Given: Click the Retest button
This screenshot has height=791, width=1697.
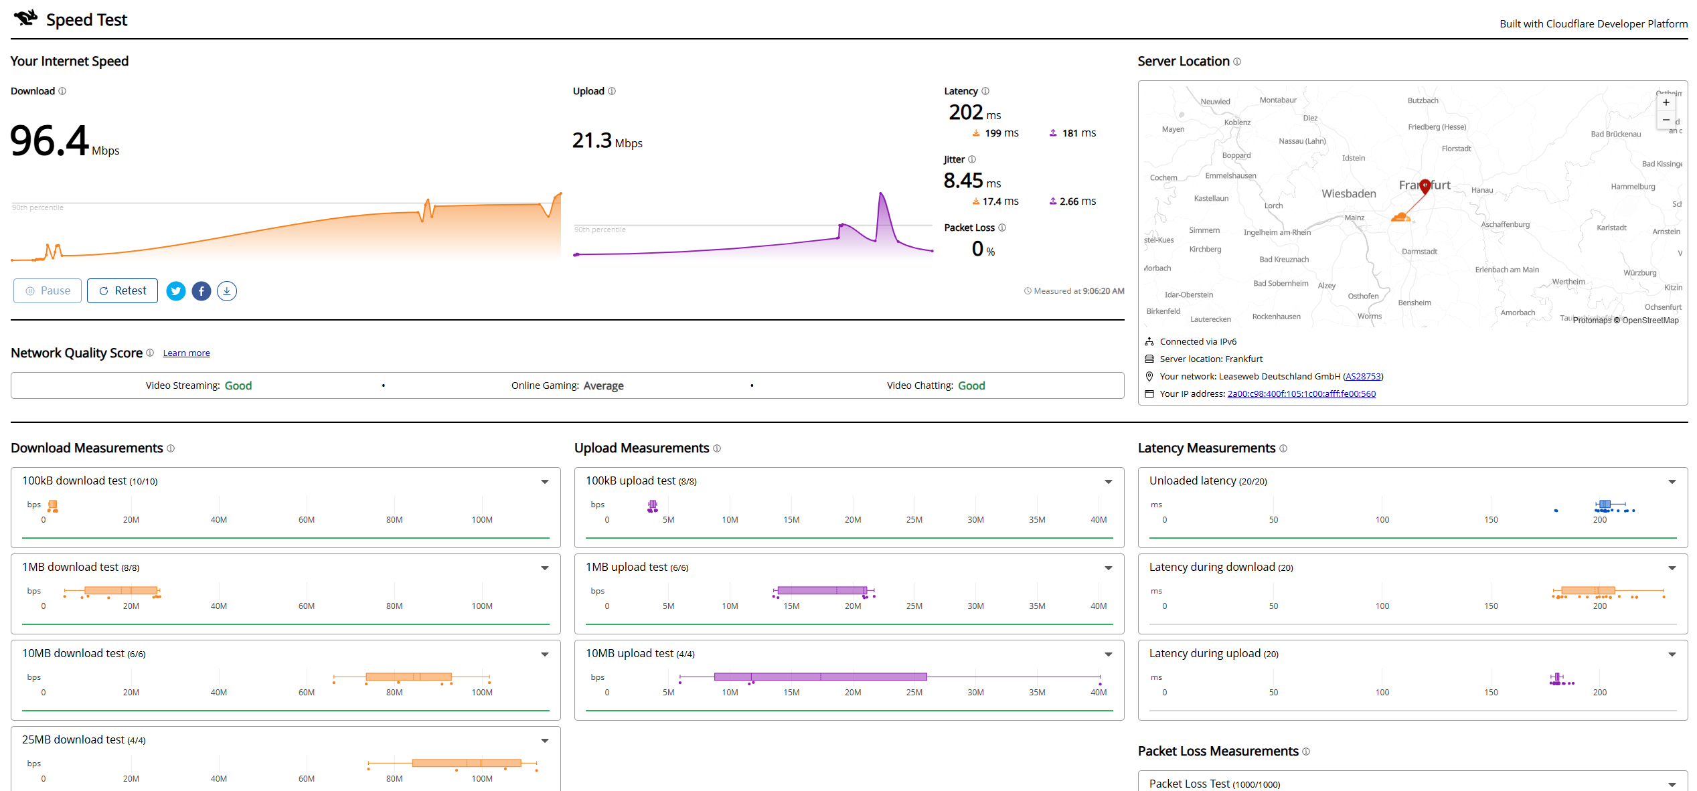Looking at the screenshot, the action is (x=123, y=291).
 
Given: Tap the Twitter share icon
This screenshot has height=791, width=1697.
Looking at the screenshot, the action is (x=176, y=291).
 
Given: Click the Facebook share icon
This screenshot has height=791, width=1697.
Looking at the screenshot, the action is (x=201, y=291).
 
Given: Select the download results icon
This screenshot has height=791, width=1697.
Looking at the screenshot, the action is (x=227, y=291).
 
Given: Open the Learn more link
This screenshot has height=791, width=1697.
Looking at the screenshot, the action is (x=186, y=353).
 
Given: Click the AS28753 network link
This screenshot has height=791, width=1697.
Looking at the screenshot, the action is (x=1363, y=377).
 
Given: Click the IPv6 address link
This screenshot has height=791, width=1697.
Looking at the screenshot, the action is (x=1301, y=394).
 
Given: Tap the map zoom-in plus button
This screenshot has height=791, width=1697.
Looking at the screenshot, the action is (x=1666, y=102).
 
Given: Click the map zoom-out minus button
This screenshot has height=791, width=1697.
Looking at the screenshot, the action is (x=1666, y=120).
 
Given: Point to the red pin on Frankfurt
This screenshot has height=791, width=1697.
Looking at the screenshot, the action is (x=1425, y=186).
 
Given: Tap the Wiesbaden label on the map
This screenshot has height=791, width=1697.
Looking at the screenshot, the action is (x=1349, y=194).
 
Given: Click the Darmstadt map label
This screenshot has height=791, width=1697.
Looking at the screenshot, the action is (x=1419, y=252).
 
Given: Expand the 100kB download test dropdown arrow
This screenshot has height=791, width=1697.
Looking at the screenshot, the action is (x=545, y=482).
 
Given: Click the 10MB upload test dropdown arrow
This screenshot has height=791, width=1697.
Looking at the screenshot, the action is (x=1109, y=654).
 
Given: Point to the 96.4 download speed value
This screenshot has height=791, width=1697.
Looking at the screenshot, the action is (x=50, y=141).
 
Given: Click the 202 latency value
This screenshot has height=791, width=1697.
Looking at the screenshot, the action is (x=966, y=112).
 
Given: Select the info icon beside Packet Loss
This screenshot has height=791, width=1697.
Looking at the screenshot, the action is (x=1002, y=228).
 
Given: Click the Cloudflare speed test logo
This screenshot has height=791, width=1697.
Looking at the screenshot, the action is (x=26, y=19).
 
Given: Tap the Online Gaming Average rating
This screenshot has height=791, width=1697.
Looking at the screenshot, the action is (x=603, y=386).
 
